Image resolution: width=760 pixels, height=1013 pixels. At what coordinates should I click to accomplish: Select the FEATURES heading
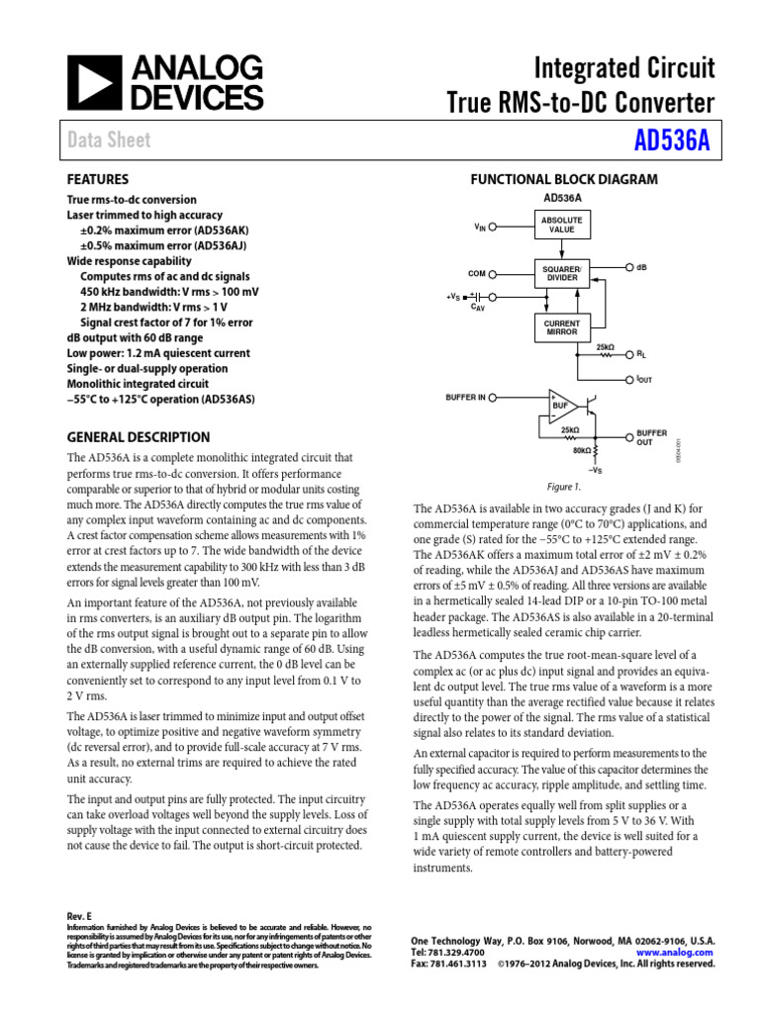[97, 180]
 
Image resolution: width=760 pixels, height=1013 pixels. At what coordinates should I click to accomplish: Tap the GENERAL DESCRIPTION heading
[138, 437]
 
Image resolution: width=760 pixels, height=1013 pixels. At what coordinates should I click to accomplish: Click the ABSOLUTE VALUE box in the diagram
[561, 224]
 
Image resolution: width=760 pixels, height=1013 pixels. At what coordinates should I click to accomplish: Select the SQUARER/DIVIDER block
[561, 273]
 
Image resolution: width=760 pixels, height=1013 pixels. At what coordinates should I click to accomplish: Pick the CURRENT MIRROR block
[561, 327]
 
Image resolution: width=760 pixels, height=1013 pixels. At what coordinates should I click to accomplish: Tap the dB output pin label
[642, 268]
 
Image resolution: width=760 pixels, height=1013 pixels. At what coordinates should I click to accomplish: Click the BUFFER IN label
[465, 398]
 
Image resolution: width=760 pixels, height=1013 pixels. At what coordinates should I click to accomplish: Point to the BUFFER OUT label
[651, 437]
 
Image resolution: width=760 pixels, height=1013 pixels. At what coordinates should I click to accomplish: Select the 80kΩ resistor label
[582, 450]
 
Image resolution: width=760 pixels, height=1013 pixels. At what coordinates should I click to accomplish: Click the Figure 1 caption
[564, 487]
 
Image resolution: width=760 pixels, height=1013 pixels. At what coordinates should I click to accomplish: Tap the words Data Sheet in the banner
[109, 140]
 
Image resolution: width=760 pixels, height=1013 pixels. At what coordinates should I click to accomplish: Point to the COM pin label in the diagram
[477, 273]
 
